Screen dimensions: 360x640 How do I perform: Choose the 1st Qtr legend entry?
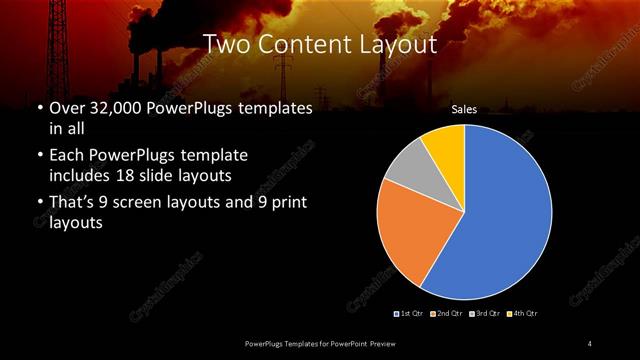[410, 313]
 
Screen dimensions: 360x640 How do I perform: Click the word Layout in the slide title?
[401, 44]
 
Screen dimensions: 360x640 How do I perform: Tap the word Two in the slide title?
[224, 44]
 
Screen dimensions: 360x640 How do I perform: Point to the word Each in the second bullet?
[68, 156]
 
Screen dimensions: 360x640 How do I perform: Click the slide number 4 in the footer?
[589, 344]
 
